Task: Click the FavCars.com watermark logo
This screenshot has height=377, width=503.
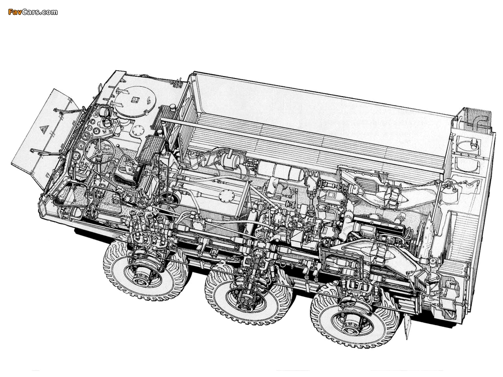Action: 33,12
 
